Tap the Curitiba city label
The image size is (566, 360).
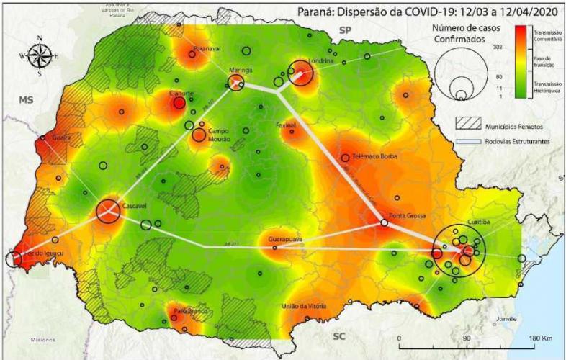479,222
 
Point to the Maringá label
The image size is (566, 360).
240,71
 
